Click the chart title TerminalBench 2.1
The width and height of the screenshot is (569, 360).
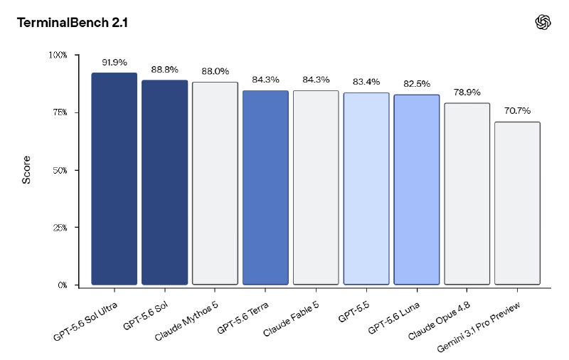coord(73,23)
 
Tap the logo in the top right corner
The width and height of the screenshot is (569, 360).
coord(543,22)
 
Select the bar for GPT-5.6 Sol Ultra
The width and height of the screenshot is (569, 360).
coord(115,179)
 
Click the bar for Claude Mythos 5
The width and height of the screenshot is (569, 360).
coord(215,184)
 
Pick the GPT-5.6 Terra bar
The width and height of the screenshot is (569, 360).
coord(265,188)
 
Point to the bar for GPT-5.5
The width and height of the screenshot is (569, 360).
coord(366,189)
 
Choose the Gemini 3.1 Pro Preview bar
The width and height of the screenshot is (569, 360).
coord(517,203)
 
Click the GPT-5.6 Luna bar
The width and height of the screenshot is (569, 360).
coord(417,190)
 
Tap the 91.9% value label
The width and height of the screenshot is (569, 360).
coord(115,63)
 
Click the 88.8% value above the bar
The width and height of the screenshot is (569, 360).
coord(165,70)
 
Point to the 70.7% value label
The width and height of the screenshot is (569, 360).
coord(518,111)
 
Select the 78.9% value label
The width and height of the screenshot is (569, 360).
coord(467,92)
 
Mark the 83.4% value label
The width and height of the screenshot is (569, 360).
coord(366,82)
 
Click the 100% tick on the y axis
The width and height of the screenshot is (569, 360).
coord(58,55)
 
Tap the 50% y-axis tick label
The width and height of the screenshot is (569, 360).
coord(60,171)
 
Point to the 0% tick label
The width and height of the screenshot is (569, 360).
coord(63,285)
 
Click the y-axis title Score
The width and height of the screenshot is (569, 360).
coord(26,170)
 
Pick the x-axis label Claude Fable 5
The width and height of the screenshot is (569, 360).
coord(291,319)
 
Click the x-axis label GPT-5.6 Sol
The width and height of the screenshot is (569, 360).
coord(146,316)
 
